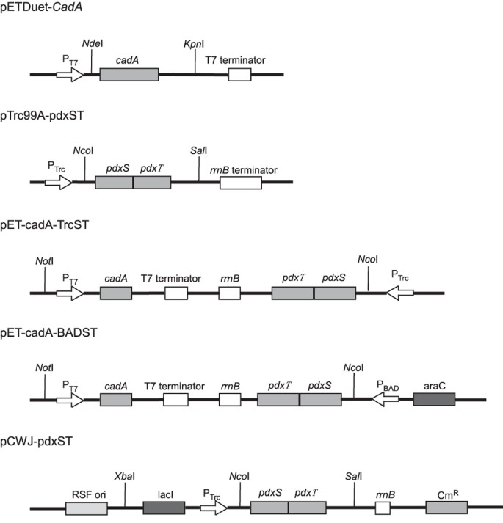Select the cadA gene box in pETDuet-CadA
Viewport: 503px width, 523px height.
(x=129, y=75)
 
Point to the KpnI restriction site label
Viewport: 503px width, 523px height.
(x=194, y=45)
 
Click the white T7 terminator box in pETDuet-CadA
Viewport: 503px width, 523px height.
(x=239, y=75)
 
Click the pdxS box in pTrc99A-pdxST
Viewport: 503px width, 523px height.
(x=114, y=182)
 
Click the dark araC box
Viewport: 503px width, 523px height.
(x=434, y=399)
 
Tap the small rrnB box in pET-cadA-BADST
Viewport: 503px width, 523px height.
(x=230, y=400)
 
